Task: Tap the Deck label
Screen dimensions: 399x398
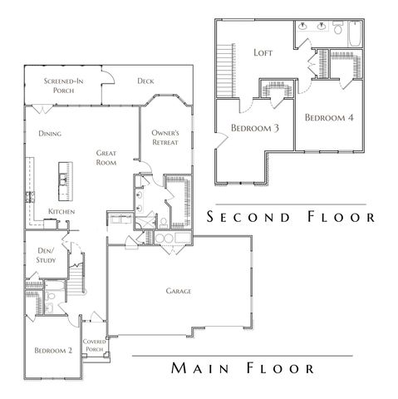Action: pos(146,81)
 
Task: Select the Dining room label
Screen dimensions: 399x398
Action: pos(51,133)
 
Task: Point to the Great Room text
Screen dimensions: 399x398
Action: pos(106,158)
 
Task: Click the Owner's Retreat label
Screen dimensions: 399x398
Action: pos(166,138)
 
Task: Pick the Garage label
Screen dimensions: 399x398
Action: pos(178,291)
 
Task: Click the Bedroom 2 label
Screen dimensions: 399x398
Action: pos(52,352)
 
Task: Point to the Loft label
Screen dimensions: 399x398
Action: pos(263,52)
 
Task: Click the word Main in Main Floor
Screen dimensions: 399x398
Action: pos(195,367)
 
